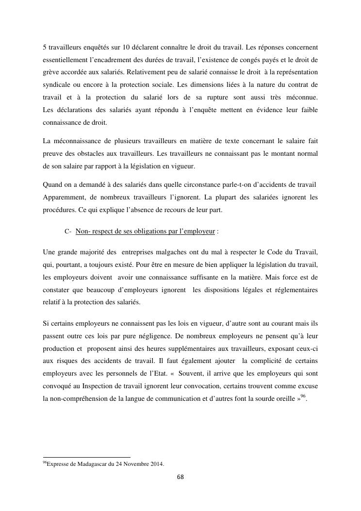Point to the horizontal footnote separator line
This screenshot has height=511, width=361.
click(87, 457)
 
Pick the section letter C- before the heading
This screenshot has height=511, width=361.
click(68, 231)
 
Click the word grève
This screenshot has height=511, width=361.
click(51, 73)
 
